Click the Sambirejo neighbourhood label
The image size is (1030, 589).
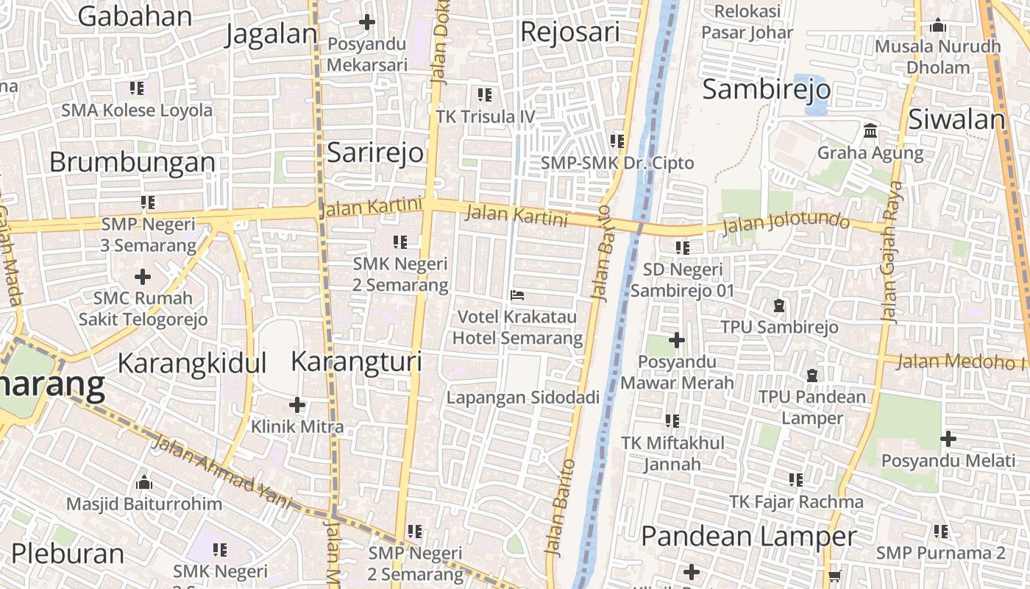(766, 90)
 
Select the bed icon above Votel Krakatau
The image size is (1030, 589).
(517, 295)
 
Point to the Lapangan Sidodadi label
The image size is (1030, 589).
(523, 398)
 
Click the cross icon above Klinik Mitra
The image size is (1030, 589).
(297, 405)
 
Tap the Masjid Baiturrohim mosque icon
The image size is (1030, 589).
(144, 483)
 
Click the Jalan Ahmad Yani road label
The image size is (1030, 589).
(221, 471)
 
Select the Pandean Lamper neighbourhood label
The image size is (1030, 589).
(748, 537)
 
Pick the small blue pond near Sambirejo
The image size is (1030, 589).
(810, 94)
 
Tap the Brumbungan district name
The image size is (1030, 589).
(132, 162)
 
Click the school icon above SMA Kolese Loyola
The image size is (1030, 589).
(137, 88)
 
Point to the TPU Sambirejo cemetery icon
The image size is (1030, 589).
(779, 305)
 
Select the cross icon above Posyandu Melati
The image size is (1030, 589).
(948, 440)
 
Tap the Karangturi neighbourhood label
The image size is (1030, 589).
(356, 361)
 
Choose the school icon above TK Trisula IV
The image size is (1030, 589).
(485, 94)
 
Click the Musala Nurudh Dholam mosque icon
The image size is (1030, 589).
(938, 26)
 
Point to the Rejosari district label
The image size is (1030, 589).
(569, 32)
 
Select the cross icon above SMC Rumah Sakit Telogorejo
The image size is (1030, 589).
(143, 277)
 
